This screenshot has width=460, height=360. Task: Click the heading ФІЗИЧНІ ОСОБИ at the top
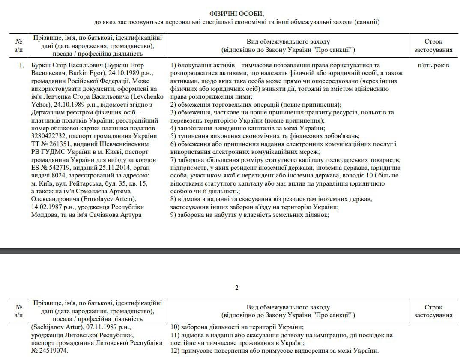click(x=237, y=14)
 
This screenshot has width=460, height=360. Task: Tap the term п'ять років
click(x=433, y=65)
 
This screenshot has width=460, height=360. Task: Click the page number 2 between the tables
click(x=237, y=287)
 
